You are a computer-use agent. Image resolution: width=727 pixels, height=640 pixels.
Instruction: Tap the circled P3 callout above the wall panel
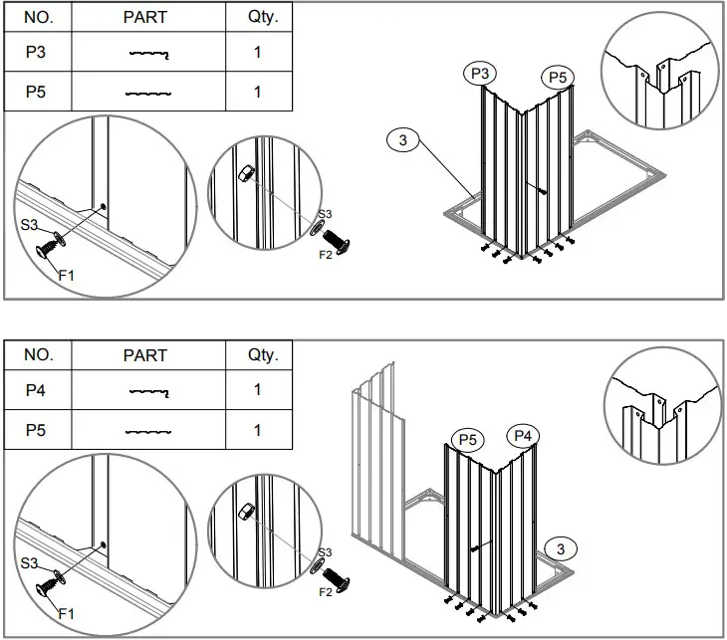pos(480,73)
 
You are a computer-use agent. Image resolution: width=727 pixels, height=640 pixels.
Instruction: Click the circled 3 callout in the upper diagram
pos(402,140)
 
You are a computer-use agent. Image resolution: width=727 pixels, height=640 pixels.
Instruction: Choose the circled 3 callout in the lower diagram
pos(561,548)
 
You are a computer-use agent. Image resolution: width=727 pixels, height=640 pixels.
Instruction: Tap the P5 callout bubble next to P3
pos(558,77)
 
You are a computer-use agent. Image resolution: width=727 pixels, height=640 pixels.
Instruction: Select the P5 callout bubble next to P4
pos(467,439)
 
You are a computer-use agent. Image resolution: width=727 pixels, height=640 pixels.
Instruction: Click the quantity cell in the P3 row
pos(258,53)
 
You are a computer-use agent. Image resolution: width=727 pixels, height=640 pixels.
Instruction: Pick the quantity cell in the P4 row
pos(258,390)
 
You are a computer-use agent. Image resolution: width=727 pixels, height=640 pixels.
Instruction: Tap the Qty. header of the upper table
pos(258,18)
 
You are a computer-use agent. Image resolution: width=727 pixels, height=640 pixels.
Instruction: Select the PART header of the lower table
pos(145,355)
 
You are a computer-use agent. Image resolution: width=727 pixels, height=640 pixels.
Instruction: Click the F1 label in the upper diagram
pos(67,275)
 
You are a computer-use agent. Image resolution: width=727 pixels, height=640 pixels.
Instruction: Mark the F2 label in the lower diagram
pos(325,592)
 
